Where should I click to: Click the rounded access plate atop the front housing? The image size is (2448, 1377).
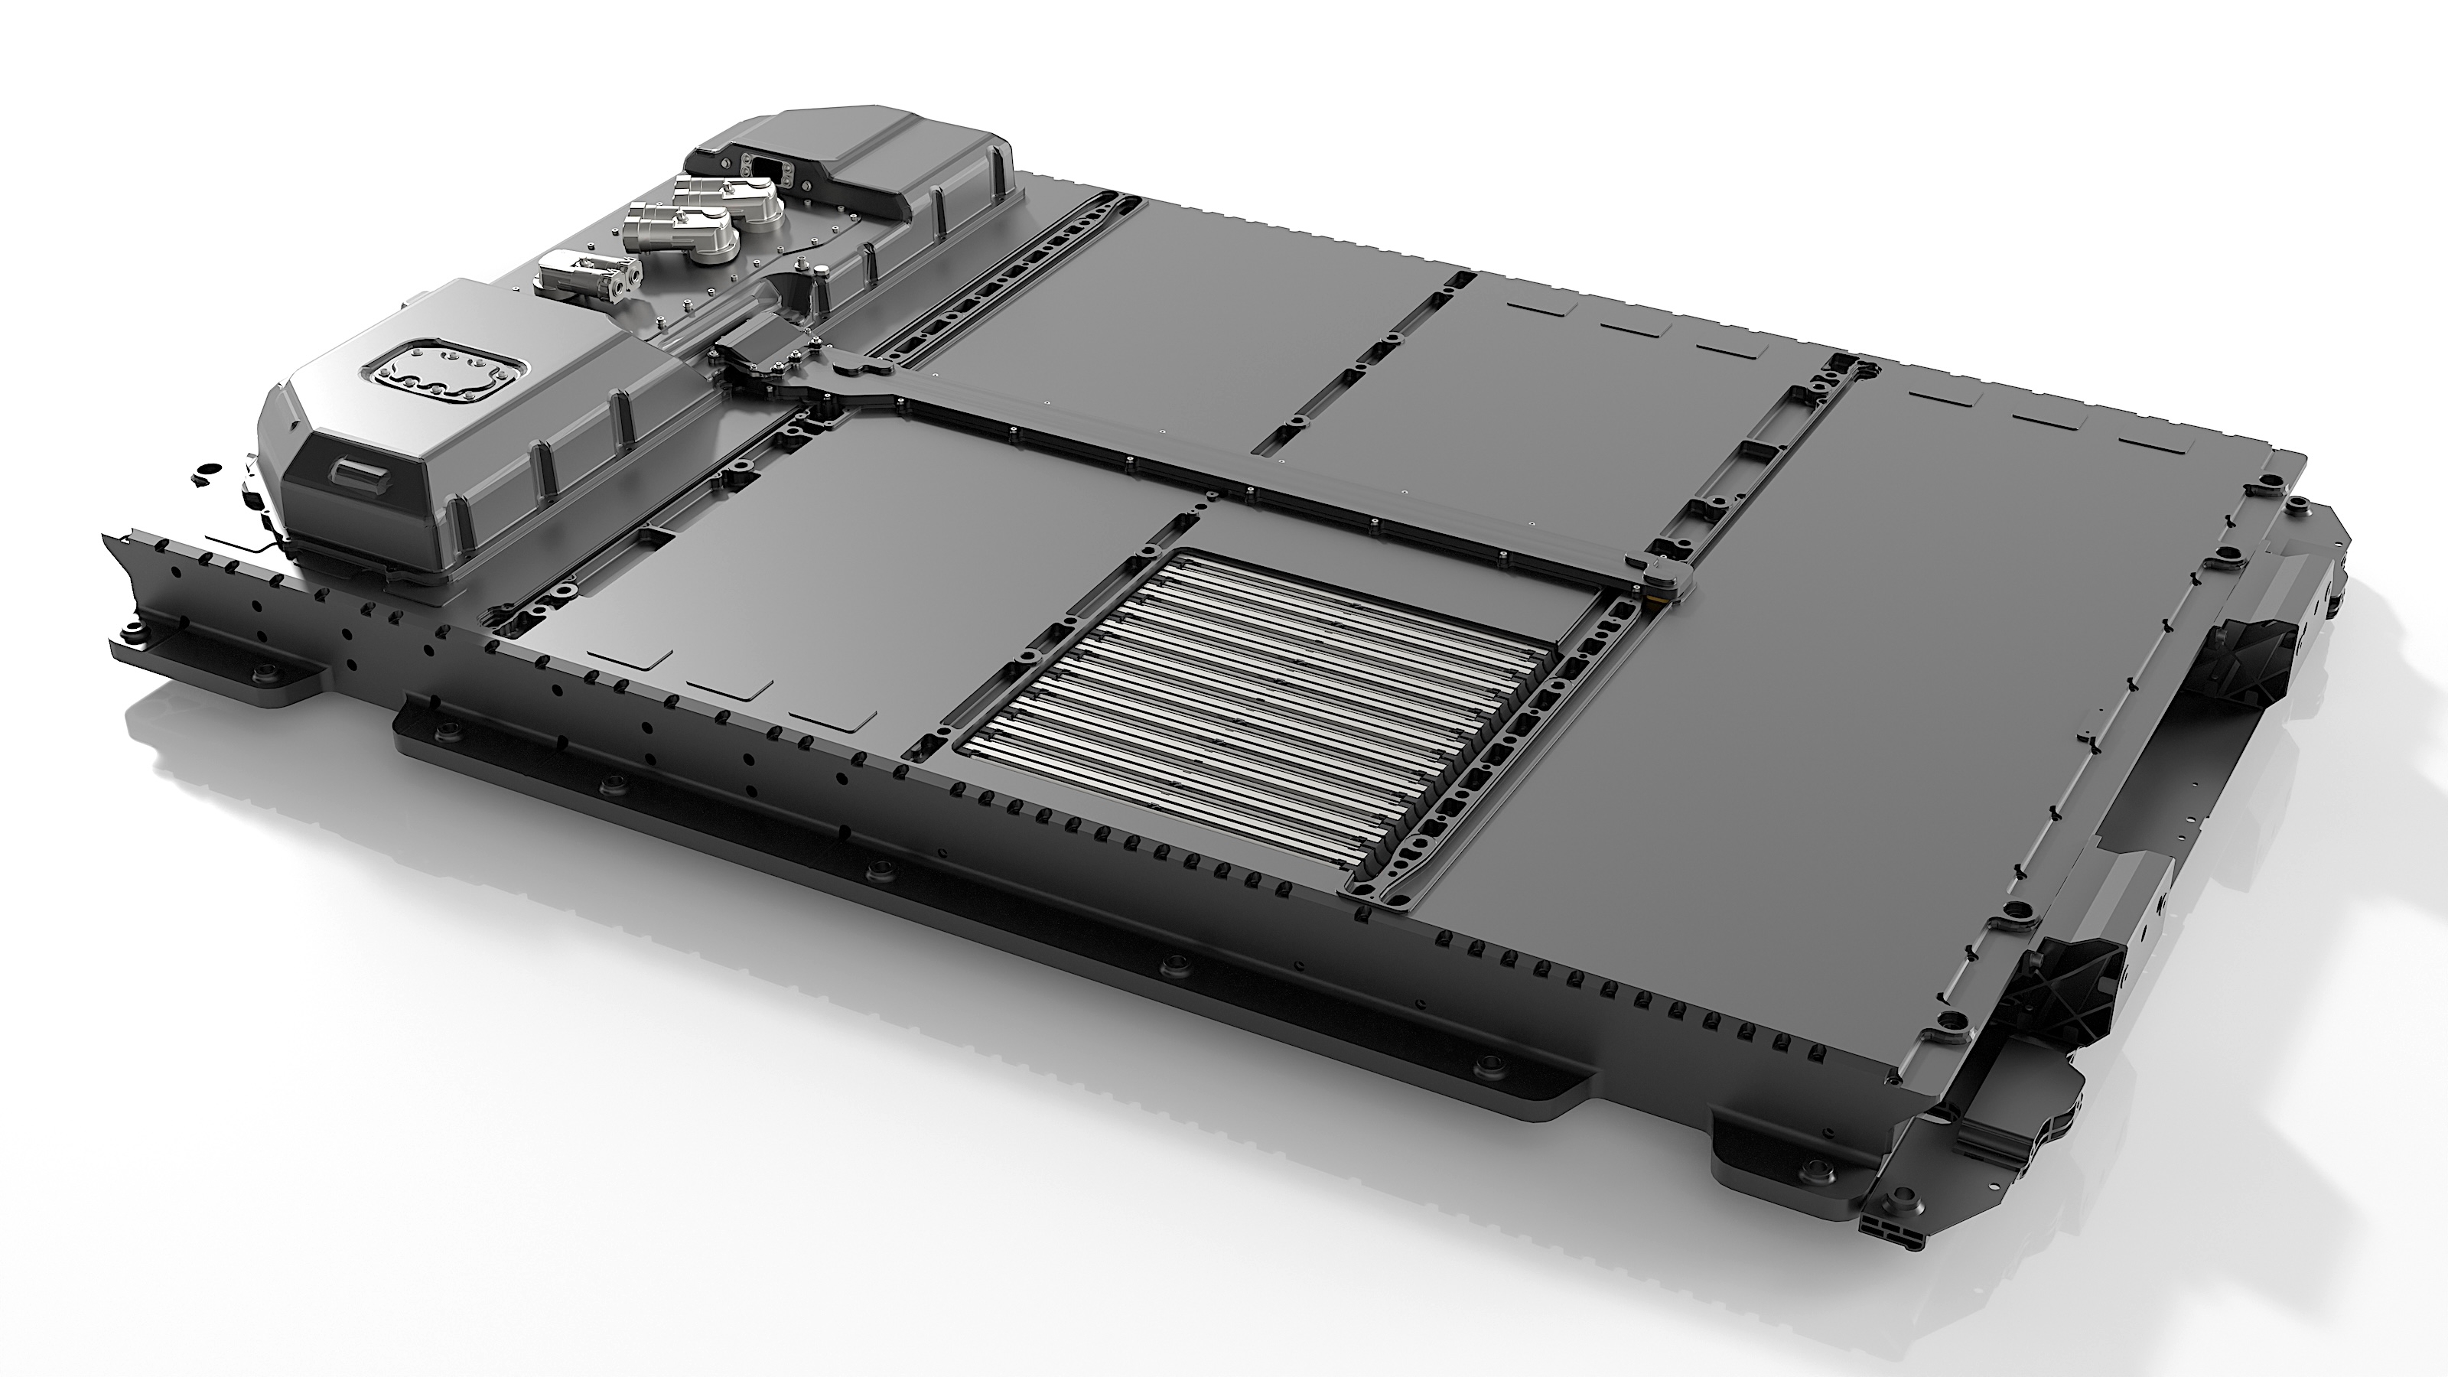(x=442, y=369)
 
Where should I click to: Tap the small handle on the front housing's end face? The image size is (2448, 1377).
(x=356, y=470)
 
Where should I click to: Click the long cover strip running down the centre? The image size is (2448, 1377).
(x=1235, y=475)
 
